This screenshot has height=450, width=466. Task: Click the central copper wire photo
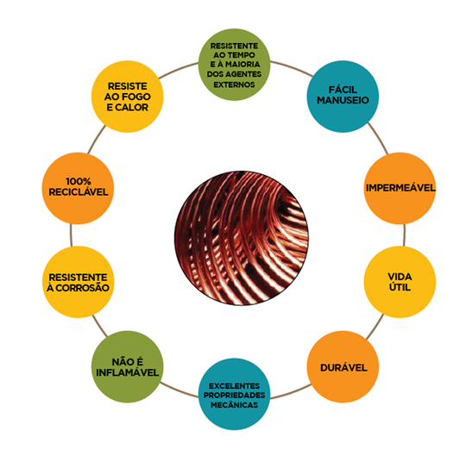tap(241, 238)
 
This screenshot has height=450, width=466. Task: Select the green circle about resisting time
tap(234, 65)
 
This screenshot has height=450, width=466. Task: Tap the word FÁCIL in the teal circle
tap(343, 90)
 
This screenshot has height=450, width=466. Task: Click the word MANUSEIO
tap(343, 100)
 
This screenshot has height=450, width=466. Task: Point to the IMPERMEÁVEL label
tap(400, 188)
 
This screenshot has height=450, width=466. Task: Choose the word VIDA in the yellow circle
tap(400, 277)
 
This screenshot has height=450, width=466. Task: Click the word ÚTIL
tap(400, 287)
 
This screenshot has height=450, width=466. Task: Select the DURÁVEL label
tap(343, 368)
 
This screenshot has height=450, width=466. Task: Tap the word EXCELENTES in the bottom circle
tap(234, 386)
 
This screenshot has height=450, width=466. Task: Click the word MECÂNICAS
tap(234, 405)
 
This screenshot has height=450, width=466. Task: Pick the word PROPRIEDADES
tap(234, 396)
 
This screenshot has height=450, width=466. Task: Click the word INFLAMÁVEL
tap(127, 372)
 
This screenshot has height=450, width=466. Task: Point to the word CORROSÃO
tap(82, 288)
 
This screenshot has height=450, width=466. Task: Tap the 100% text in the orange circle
tap(79, 181)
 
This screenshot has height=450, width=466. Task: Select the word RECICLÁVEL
tap(79, 192)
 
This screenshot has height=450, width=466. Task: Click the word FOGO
tap(136, 97)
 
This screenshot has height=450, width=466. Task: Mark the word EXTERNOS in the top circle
tap(234, 84)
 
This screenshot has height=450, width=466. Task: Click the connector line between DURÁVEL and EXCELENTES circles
tap(292, 393)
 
